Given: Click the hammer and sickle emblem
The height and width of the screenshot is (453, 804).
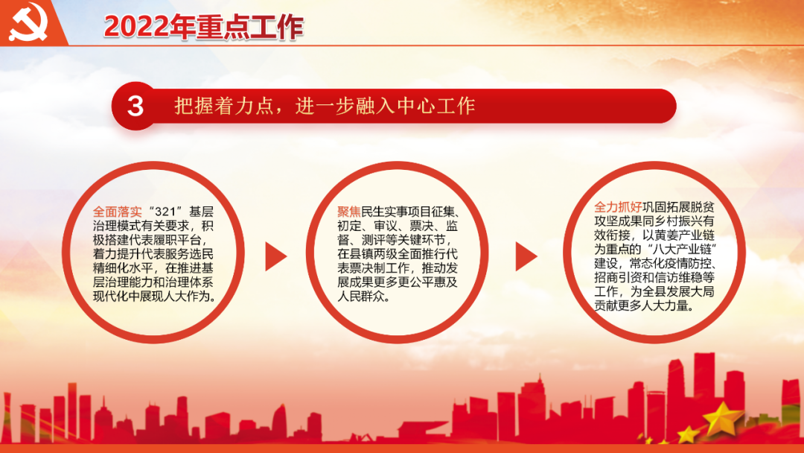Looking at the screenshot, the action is click(29, 22).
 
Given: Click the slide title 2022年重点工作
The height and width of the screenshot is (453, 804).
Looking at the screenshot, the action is click(203, 27).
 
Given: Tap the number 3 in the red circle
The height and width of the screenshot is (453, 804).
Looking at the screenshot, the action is click(135, 107).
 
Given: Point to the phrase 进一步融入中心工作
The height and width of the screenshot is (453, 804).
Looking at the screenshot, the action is click(385, 106).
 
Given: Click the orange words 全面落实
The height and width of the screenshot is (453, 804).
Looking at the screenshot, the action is click(118, 212).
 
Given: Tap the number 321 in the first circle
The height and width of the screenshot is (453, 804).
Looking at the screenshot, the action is click(165, 212).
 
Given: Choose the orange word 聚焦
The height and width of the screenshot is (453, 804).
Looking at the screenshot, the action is click(349, 212).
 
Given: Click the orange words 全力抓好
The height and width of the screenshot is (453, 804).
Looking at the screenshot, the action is click(618, 206).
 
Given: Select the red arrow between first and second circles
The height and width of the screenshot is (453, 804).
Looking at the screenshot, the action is click(275, 256).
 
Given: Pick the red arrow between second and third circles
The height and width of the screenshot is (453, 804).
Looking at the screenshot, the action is click(526, 256).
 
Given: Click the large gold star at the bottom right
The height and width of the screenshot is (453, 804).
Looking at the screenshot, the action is click(721, 418).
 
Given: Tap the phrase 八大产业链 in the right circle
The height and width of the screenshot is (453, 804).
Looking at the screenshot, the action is click(681, 250).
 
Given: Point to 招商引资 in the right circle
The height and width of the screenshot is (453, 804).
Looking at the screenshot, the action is click(618, 278).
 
